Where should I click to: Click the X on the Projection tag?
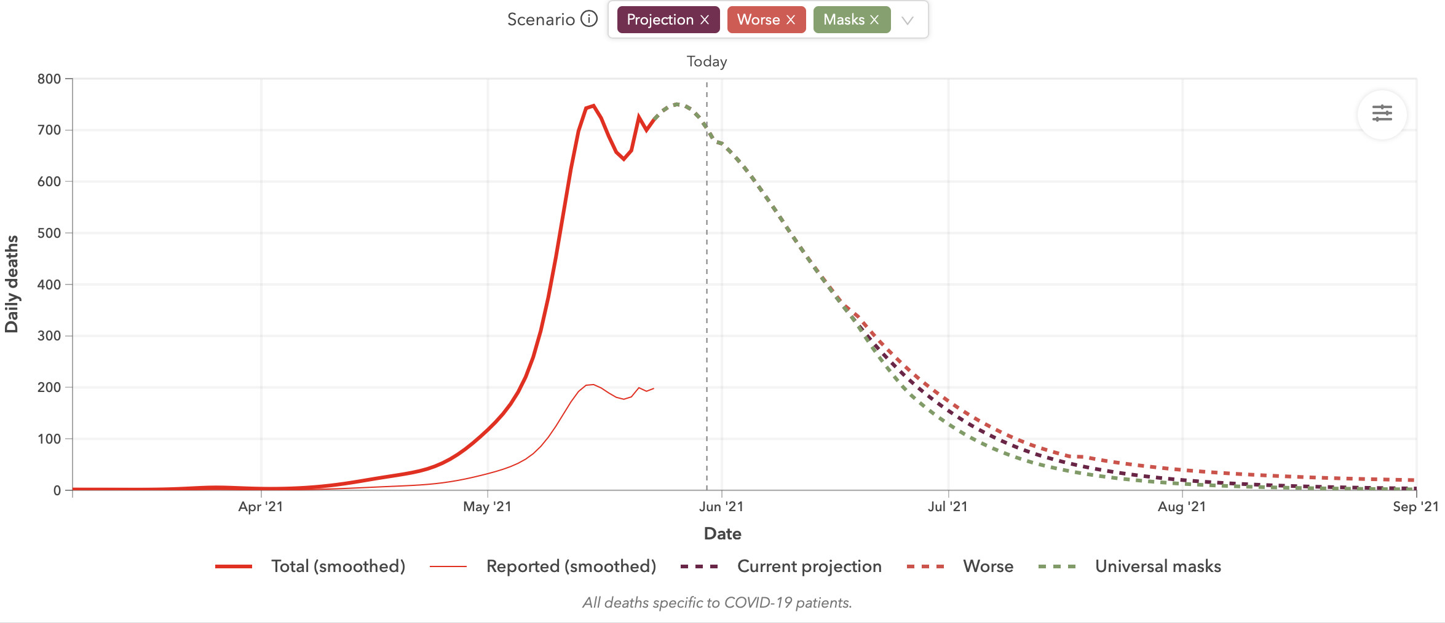[x=705, y=20]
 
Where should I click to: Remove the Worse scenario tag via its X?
[x=791, y=20]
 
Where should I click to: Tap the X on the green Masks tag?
[x=874, y=20]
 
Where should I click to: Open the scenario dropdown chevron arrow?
[x=907, y=20]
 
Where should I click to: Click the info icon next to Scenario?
[x=589, y=19]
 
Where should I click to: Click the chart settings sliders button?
[x=1382, y=114]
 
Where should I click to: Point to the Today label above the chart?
[x=707, y=61]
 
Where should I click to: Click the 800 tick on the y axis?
[x=49, y=79]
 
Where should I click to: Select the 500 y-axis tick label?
[x=49, y=233]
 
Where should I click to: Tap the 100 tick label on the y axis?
[x=49, y=439]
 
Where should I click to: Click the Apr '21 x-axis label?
[x=261, y=507]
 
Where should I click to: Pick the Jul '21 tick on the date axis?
[x=948, y=507]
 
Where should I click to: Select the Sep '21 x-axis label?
[x=1415, y=507]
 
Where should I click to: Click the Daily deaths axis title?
[x=12, y=284]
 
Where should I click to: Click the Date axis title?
[x=723, y=533]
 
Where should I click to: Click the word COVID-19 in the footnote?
[x=758, y=603]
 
